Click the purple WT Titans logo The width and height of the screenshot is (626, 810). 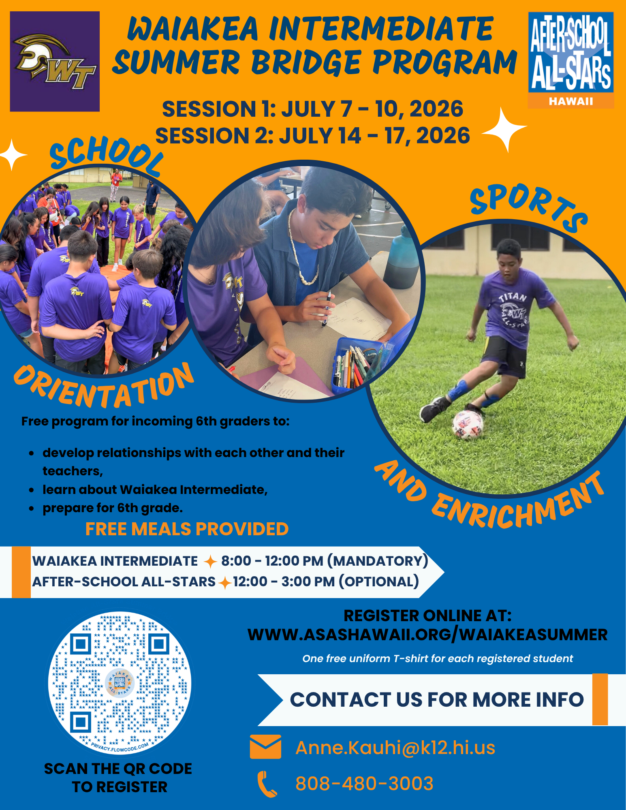(55, 62)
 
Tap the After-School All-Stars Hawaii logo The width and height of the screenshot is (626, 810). (570, 60)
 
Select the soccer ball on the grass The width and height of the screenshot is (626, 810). (468, 425)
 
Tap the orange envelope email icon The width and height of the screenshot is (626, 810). (265, 747)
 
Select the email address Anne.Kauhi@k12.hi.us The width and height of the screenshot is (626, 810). (395, 748)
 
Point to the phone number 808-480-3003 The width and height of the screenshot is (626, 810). (364, 783)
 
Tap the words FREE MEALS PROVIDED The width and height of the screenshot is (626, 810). (187, 529)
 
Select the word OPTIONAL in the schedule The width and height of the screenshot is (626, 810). (378, 581)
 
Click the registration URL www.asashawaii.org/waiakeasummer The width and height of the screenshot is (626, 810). (427, 635)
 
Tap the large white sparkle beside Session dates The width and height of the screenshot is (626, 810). (504, 129)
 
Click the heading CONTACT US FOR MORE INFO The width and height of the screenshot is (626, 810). (436, 700)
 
